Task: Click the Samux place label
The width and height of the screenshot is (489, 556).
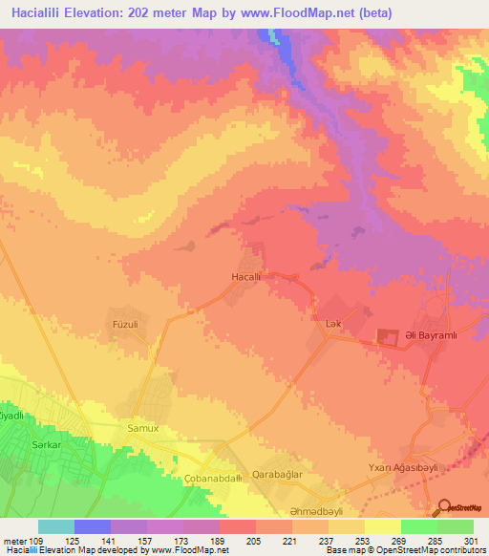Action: coord(143,430)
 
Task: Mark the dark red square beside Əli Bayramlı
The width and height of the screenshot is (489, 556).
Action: coord(388,337)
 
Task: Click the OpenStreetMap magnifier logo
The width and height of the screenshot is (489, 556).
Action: coord(446,509)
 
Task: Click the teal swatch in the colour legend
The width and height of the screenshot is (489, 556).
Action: coord(56,527)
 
